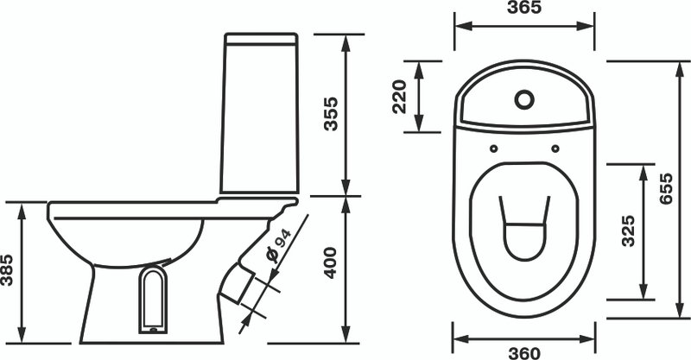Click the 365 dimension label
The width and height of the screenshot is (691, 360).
coord(524,8)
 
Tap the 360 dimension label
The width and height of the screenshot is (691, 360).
coord(524,353)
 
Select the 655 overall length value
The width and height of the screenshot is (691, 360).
coord(666,188)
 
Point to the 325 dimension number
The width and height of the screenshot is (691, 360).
coord(628,231)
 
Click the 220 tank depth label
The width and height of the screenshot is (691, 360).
coord(400,97)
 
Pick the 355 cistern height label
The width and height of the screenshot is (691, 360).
coord(331,114)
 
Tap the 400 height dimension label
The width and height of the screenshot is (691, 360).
coord(331,263)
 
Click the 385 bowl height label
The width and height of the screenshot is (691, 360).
coord(7,270)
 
